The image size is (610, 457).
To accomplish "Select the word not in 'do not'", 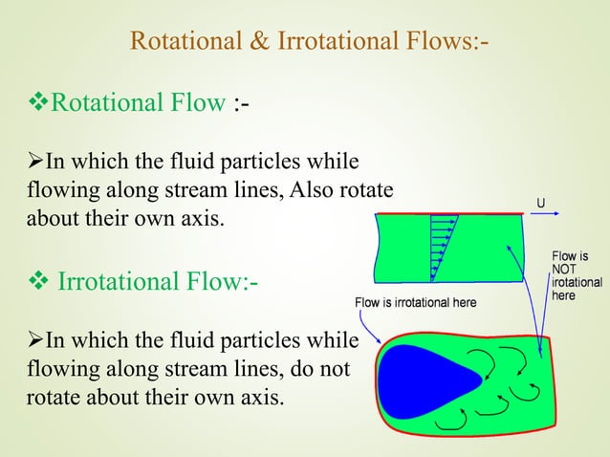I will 331,367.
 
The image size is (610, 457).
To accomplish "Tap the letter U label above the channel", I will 541,204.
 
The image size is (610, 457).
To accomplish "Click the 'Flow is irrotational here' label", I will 415,303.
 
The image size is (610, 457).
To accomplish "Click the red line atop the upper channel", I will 449,213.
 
